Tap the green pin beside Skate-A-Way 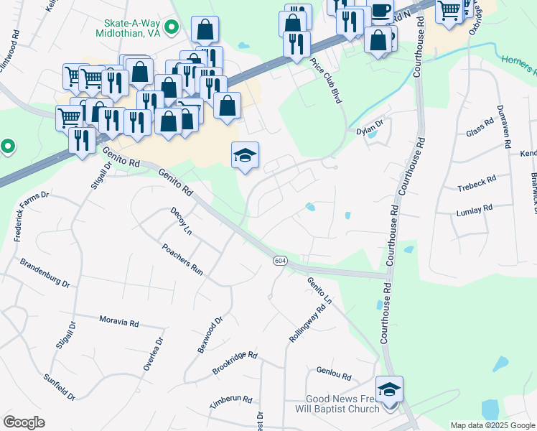(x=171, y=28)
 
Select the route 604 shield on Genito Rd (x=280, y=261)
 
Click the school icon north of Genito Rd (x=245, y=155)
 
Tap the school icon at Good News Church (x=389, y=389)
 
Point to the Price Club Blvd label (x=324, y=81)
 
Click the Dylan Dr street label (x=370, y=131)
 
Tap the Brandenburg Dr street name (x=45, y=273)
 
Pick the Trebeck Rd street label (x=477, y=188)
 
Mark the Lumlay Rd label (x=475, y=210)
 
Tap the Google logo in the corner (x=24, y=422)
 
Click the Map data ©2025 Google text (x=492, y=425)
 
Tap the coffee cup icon (x=380, y=11)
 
